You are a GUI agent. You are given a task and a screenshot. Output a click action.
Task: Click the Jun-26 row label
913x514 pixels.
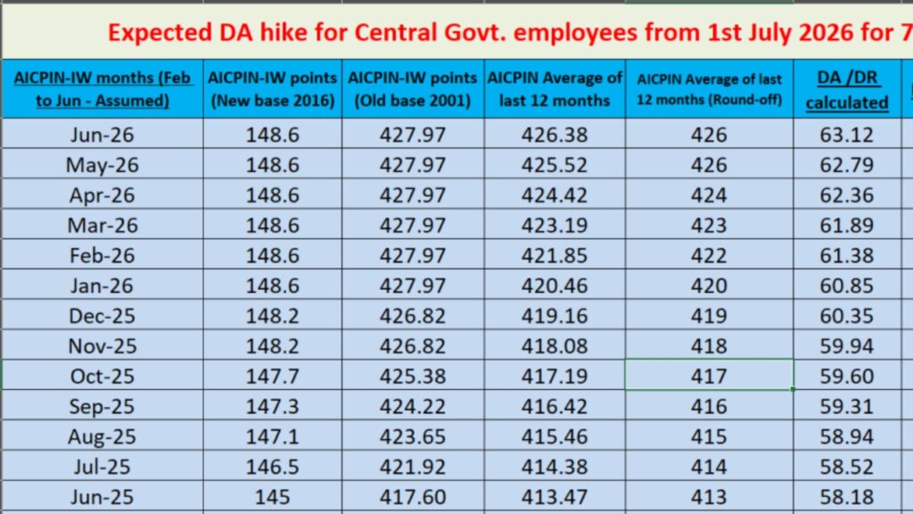pyautogui.click(x=102, y=136)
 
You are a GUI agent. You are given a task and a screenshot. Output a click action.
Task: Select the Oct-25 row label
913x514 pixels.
pyautogui.click(x=102, y=377)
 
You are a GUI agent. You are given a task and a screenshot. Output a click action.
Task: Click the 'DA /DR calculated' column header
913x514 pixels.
pyautogui.click(x=847, y=89)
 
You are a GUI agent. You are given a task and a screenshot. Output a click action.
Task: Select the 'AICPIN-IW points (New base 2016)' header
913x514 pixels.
pyautogui.click(x=273, y=89)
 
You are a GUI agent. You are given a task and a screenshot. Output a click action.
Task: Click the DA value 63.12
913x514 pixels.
pyautogui.click(x=847, y=136)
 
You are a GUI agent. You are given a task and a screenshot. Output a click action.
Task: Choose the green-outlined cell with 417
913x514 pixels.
pyautogui.click(x=709, y=377)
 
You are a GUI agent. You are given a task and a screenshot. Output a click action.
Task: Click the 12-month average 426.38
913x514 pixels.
pyautogui.click(x=555, y=136)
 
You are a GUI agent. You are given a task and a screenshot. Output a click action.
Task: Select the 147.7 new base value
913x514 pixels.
pyautogui.click(x=273, y=377)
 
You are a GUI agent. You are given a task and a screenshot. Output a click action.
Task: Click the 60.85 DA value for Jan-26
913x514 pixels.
pyautogui.click(x=847, y=286)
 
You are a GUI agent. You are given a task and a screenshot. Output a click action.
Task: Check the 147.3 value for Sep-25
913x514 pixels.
pyautogui.click(x=273, y=407)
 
